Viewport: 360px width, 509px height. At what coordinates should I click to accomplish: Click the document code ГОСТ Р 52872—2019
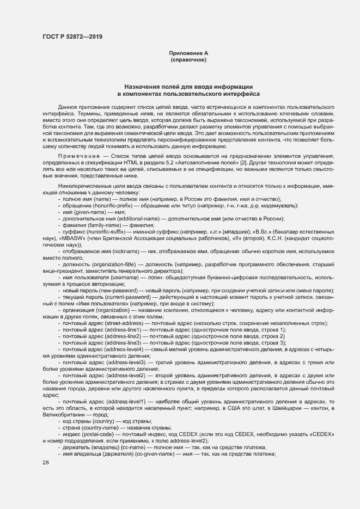tap(72, 36)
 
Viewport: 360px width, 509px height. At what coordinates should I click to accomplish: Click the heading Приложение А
tap(188, 53)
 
